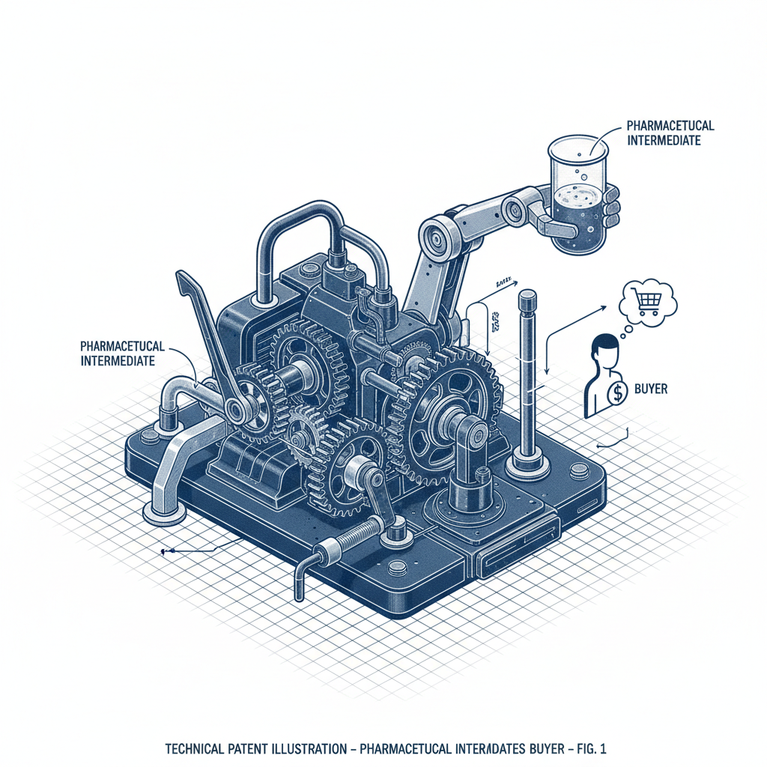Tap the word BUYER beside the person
click(650, 389)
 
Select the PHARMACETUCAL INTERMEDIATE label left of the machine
click(118, 354)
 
